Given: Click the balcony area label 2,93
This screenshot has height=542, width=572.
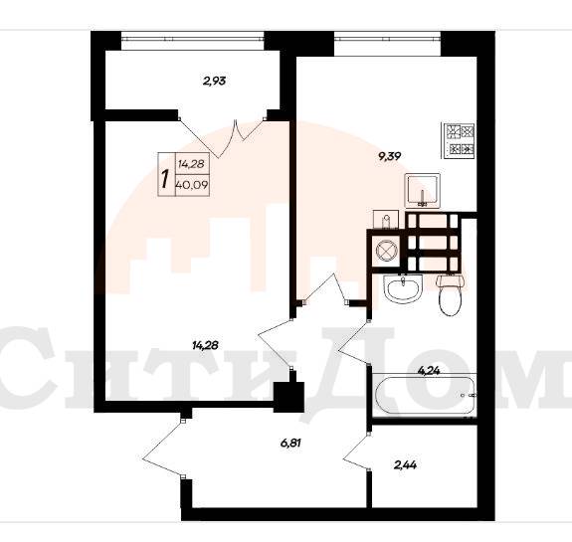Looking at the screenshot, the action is point(215,81).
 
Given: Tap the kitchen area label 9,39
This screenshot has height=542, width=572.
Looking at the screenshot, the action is point(390,156).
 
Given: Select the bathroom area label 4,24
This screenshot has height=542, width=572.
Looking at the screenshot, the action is point(429,371).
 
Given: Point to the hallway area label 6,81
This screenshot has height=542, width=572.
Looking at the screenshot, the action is point(290,444).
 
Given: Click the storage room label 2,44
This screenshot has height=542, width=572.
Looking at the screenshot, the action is point(405,464).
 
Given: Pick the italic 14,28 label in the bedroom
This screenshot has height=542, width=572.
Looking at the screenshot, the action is point(205,345).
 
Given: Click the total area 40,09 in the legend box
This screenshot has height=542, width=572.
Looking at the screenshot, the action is point(192,185).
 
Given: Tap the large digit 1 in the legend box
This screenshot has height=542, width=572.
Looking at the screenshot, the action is point(165,179).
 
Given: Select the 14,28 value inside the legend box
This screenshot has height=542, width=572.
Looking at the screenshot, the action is point(191,164).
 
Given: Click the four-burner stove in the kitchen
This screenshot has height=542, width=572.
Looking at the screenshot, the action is point(459,141).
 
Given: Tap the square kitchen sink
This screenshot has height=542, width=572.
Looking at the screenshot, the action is point(423,191).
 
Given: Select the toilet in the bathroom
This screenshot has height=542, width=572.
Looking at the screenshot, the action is point(451,295).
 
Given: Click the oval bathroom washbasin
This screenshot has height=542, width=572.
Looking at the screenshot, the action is point(403,288).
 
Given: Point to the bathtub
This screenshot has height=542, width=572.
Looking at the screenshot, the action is point(425,396).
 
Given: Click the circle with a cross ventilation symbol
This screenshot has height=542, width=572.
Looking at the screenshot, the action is point(386,252).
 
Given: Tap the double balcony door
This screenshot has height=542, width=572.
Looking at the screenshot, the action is point(222,137).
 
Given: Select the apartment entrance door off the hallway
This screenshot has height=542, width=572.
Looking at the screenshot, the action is point(163,449).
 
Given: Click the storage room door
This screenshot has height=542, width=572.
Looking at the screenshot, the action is point(357,452).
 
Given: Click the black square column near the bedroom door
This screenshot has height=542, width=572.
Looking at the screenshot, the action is point(288,397).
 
